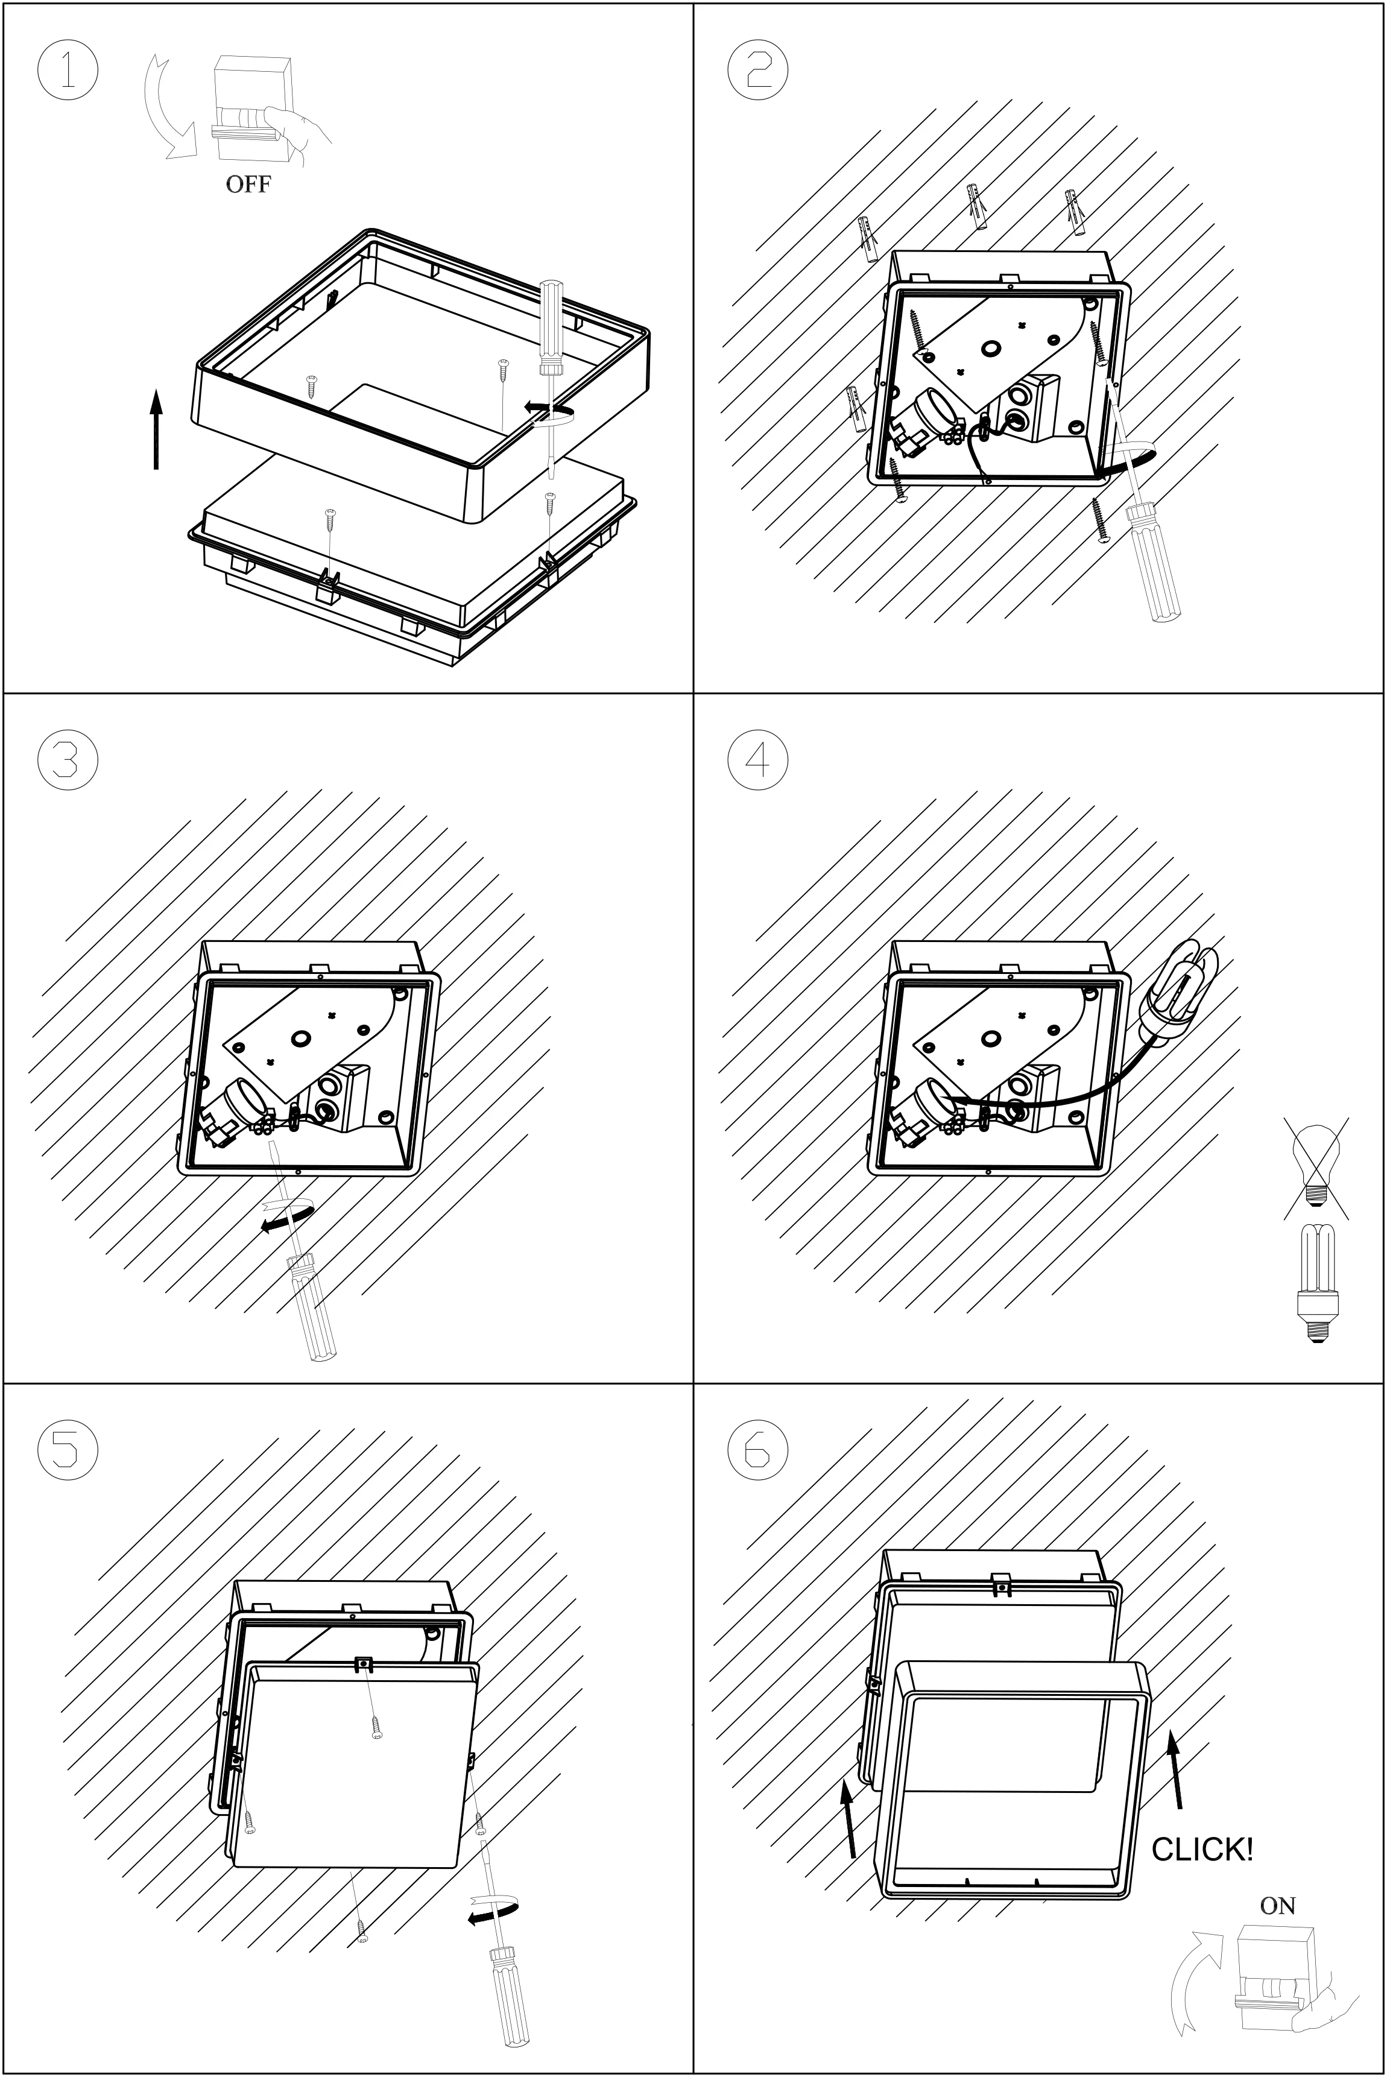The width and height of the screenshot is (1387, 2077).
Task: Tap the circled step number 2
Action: (x=757, y=70)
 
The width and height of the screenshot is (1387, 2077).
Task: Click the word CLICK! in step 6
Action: (x=1202, y=1849)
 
